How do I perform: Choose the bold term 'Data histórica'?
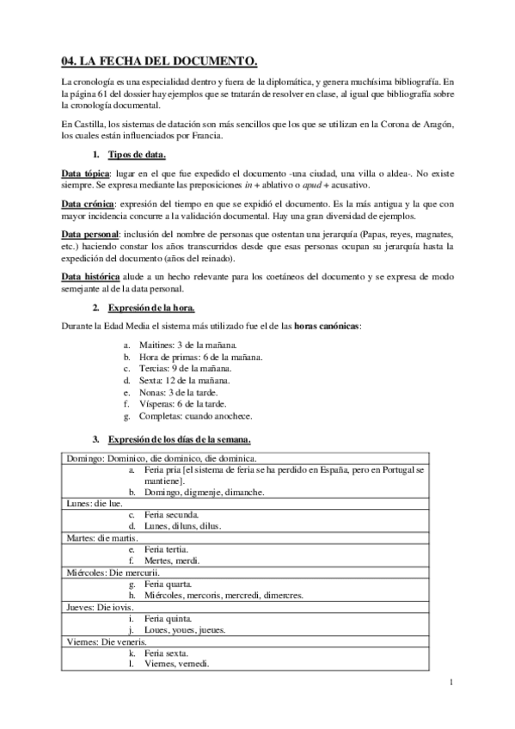tap(90, 276)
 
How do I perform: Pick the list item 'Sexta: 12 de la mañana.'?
tap(186, 380)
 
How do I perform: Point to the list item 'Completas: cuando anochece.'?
tap(196, 416)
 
